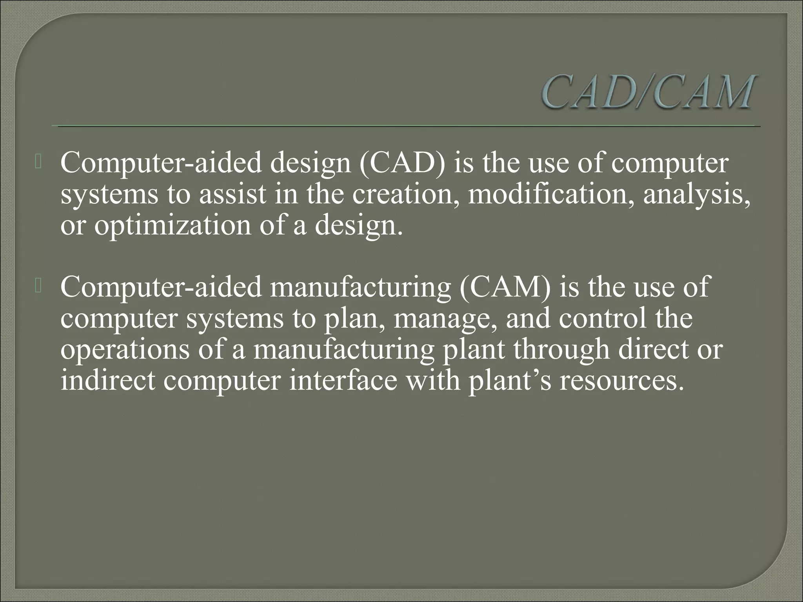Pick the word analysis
696,195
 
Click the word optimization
173,226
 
